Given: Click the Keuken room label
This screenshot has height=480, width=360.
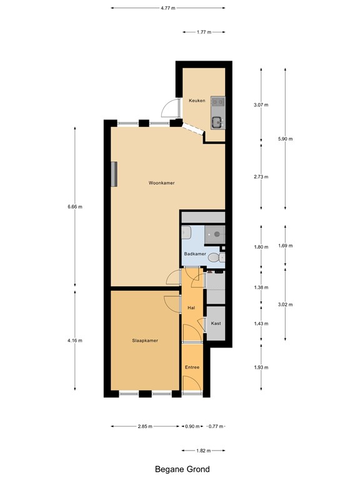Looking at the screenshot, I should [197, 101].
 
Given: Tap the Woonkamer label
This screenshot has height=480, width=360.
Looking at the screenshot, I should [161, 183].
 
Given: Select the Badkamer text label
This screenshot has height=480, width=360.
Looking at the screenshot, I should [195, 254].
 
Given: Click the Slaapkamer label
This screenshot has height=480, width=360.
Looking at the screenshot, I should [144, 341].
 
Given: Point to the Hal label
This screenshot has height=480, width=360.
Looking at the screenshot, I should [191, 307].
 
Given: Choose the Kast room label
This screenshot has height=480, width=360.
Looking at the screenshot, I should [216, 324].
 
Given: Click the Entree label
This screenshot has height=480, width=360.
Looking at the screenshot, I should [192, 367].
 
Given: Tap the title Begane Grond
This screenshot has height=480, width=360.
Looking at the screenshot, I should [182, 469].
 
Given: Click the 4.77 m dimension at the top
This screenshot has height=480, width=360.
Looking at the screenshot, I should [167, 8].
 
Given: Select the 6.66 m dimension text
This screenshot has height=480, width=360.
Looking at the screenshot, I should [76, 207].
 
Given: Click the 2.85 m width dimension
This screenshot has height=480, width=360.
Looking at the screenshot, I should [145, 427].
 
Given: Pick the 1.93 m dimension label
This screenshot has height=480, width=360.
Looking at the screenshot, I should [261, 367].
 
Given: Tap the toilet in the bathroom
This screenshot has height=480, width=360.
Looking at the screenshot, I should [213, 258].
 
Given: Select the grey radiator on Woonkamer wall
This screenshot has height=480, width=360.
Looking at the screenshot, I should [114, 174].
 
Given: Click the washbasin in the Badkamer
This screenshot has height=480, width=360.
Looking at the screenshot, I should [186, 233].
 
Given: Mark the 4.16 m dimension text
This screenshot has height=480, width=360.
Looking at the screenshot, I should [76, 341].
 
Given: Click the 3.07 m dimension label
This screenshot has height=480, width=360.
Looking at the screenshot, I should [261, 105].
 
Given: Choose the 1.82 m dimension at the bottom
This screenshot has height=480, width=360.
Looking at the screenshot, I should [203, 450].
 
